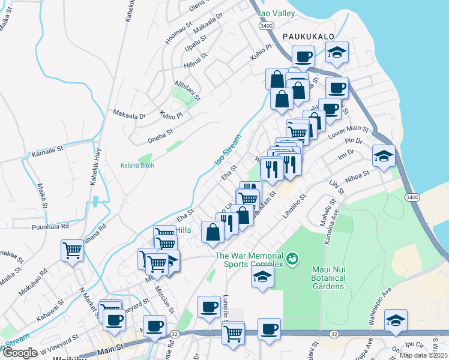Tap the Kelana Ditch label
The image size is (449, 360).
tap(137, 166)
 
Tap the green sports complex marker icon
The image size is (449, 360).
tap(292, 259)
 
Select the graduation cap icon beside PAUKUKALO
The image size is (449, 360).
tap(337, 52)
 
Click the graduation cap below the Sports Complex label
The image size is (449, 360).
tap(262, 276)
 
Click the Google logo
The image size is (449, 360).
tap(20, 352)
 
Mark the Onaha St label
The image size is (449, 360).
tap(160, 135)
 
